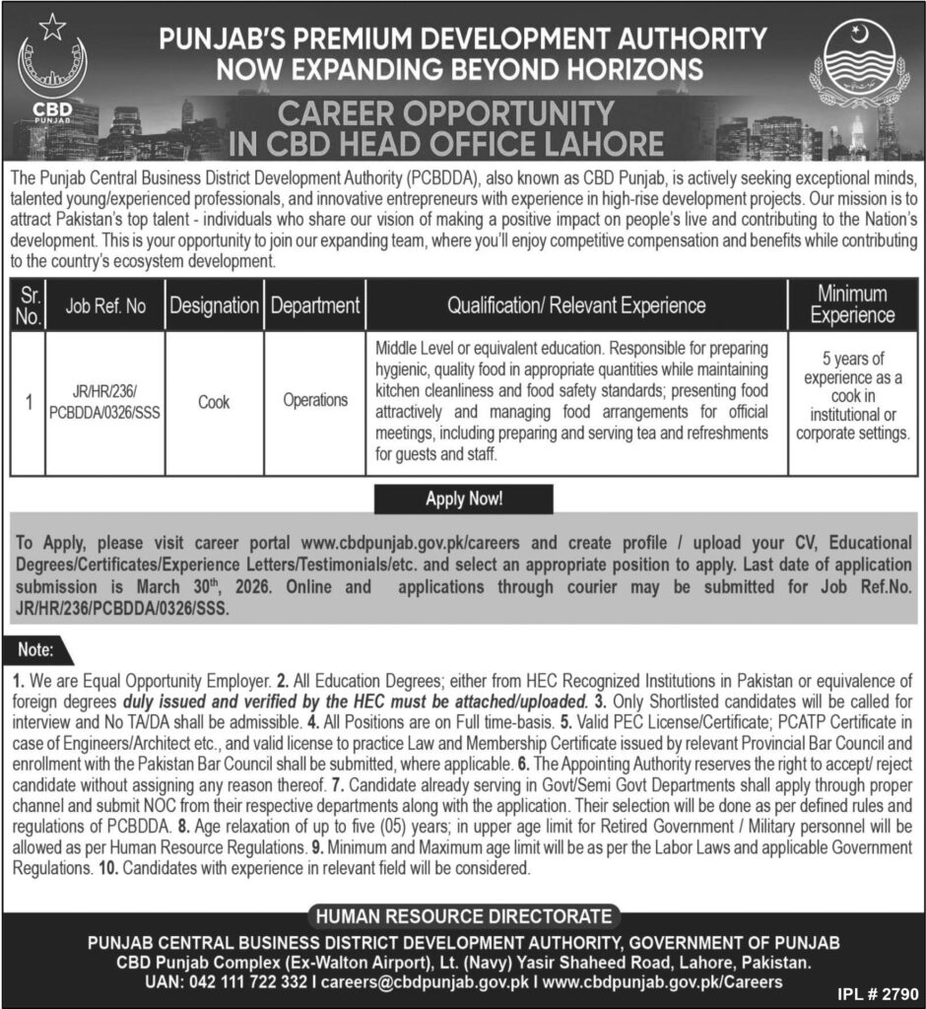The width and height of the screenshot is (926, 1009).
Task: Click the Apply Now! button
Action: [463, 499]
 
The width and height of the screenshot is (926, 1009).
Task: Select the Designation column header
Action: [214, 305]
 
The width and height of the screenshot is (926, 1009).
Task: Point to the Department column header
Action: [315, 305]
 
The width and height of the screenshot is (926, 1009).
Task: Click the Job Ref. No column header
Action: [105, 305]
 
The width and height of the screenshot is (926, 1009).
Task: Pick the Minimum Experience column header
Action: [852, 304]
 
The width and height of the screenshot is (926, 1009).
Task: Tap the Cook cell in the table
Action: [214, 402]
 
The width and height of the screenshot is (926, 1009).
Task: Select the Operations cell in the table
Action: [315, 401]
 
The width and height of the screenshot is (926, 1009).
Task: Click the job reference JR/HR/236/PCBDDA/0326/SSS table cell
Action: [105, 402]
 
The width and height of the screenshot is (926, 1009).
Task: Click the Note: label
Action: [40, 651]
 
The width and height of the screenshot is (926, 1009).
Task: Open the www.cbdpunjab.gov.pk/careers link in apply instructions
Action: [414, 543]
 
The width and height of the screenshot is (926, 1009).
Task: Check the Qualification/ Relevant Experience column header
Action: [576, 305]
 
